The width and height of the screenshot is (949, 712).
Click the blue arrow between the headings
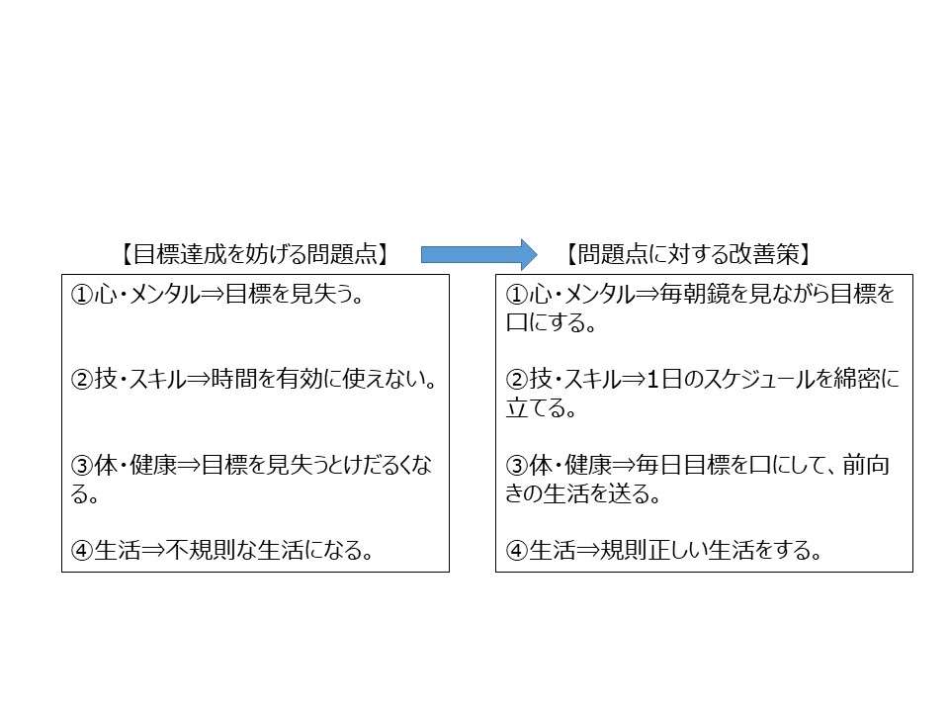coord(478,254)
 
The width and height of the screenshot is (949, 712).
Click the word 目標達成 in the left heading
coord(179,254)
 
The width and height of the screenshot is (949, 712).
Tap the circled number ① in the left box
coord(82,295)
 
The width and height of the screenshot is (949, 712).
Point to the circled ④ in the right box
coord(516,551)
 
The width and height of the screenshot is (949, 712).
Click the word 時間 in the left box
coord(234,380)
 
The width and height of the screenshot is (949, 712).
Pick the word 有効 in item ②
coord(300,380)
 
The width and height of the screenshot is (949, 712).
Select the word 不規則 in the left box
coord(201,551)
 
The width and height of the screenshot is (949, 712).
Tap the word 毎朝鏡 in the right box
coord(693,295)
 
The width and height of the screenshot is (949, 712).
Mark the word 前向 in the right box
coord(866,465)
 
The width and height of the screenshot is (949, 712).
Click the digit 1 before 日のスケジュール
coord(652,380)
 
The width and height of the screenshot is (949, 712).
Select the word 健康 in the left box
coord(153,465)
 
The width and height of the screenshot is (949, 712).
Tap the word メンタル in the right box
coord(600,295)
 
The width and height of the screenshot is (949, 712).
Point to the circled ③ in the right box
coord(516,466)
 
